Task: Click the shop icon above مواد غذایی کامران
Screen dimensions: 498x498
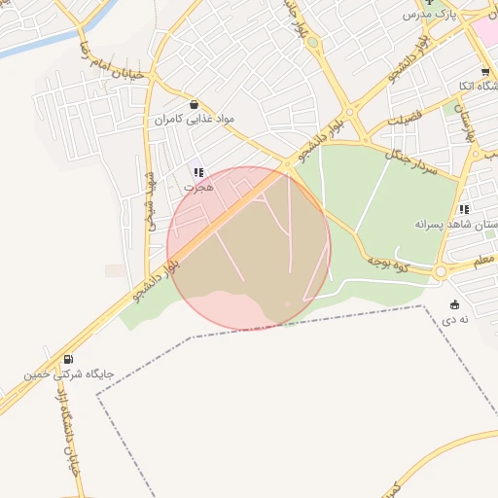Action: coord(195,104)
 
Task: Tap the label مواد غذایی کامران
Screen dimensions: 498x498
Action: coord(196,119)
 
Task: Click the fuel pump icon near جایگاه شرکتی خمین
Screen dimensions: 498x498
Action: coord(67,358)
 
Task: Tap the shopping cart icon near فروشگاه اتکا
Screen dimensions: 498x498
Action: coord(484,73)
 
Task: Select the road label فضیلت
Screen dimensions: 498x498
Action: coord(408,121)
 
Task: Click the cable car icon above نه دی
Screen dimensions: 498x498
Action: coord(455,304)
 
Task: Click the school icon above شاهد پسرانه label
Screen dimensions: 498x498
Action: coord(465,208)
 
